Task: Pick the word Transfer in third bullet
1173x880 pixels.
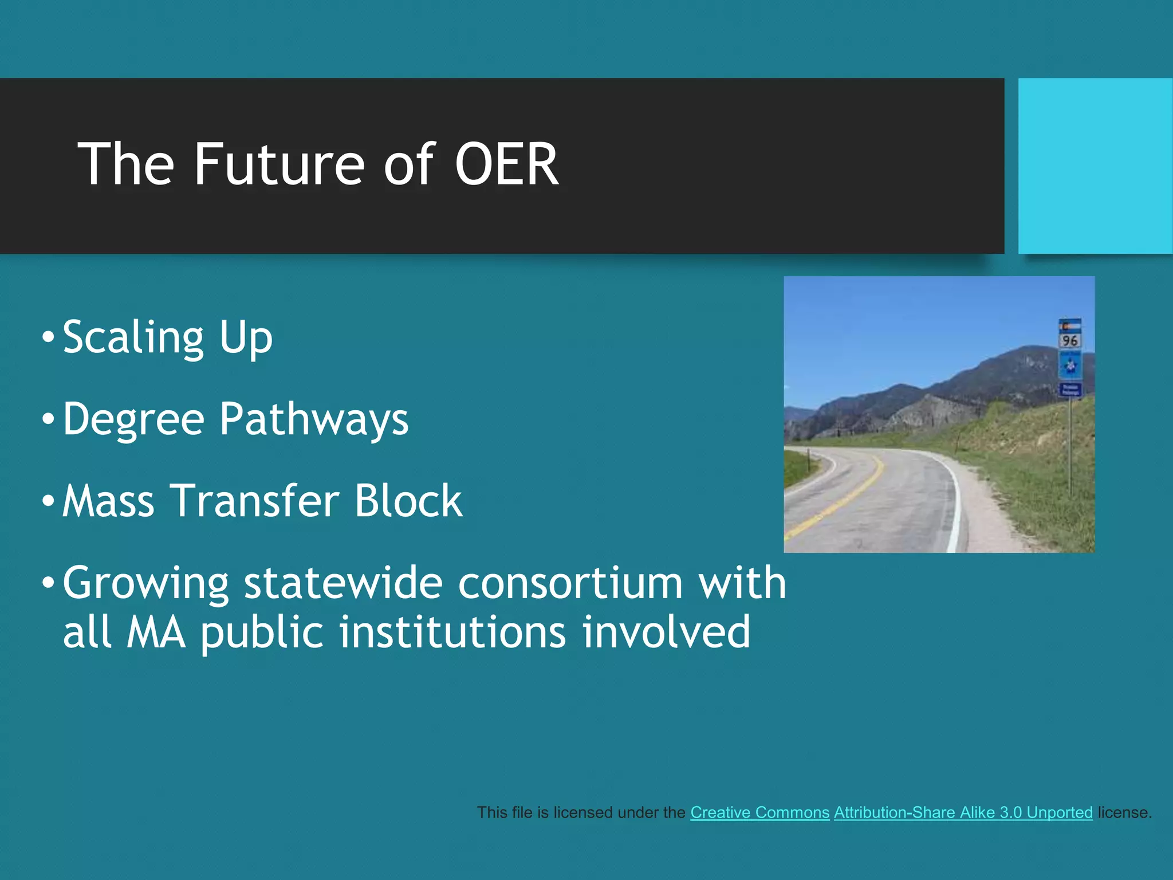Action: tap(255, 501)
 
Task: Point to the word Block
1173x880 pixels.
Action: tap(408, 501)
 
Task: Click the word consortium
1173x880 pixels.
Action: tap(570, 583)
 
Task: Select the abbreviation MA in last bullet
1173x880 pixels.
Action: tap(156, 632)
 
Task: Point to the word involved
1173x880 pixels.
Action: tap(666, 632)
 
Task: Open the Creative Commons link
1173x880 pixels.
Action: tap(759, 812)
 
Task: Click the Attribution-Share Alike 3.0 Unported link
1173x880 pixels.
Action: tap(963, 812)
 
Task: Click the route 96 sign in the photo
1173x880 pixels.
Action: tap(1069, 340)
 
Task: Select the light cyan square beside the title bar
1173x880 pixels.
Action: tap(1095, 166)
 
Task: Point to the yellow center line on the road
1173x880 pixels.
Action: tap(842, 498)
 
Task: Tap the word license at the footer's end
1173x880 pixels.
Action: tap(1123, 812)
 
